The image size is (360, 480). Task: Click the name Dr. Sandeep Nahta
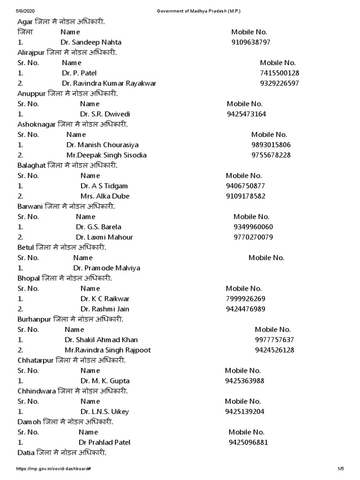(x=90, y=42)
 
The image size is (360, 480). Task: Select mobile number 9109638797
(x=251, y=42)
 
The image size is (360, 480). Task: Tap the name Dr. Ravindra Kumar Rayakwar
(x=109, y=83)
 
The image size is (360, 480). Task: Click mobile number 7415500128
(x=279, y=73)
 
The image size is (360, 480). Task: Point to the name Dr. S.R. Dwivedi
(x=105, y=114)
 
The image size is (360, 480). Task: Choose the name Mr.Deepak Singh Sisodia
(x=106, y=155)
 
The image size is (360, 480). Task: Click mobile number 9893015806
(x=271, y=145)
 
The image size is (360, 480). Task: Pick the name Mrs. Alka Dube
(x=105, y=196)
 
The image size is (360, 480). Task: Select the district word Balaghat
(x=31, y=165)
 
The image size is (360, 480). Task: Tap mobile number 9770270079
(x=253, y=237)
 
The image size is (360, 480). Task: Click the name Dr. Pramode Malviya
(x=107, y=268)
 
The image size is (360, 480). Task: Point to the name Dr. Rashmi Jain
(x=105, y=309)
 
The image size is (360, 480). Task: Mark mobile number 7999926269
(x=246, y=299)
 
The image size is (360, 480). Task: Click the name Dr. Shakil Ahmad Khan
(x=101, y=340)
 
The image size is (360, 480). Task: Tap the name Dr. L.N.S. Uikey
(x=105, y=412)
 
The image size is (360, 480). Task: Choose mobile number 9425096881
(x=248, y=442)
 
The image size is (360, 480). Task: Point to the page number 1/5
(x=341, y=469)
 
